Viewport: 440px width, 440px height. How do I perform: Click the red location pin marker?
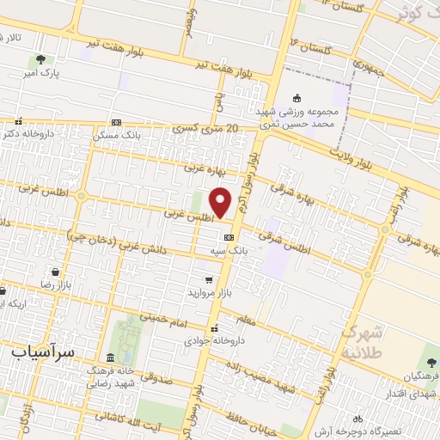(x=221, y=203)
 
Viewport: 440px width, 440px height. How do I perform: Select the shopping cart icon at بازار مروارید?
(x=209, y=279)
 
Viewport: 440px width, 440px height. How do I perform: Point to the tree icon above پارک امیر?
(x=40, y=60)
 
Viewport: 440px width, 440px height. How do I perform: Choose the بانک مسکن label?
(x=119, y=135)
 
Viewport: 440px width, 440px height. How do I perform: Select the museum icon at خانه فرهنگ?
(x=110, y=357)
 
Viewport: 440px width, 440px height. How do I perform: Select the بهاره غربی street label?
(x=203, y=169)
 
